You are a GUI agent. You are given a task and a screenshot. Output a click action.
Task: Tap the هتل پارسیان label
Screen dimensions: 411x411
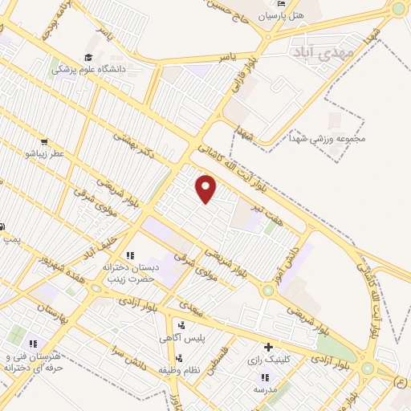click(x=278, y=15)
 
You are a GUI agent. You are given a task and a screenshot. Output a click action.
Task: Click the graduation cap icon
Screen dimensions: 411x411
click(x=87, y=58)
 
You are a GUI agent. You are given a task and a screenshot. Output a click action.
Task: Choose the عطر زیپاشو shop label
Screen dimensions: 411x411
click(x=43, y=153)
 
